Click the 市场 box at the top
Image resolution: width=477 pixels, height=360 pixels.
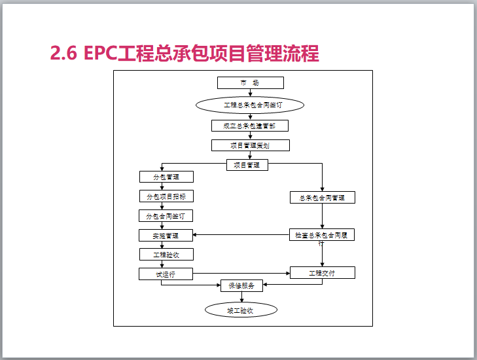(x=250, y=83)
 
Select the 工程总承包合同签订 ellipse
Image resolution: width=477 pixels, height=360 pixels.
(x=250, y=105)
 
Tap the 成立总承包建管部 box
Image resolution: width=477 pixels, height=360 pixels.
(x=250, y=125)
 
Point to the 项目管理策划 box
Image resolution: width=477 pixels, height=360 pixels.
(x=250, y=145)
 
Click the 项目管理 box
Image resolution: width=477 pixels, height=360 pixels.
(x=247, y=165)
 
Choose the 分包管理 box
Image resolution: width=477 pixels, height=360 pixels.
(x=166, y=177)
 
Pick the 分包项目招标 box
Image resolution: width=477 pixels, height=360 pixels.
(x=166, y=196)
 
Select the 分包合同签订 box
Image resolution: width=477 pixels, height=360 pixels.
(x=166, y=215)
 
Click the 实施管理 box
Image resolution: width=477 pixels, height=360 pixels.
(x=166, y=235)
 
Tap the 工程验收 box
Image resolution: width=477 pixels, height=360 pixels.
(x=166, y=255)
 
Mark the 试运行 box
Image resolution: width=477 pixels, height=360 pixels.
(x=166, y=274)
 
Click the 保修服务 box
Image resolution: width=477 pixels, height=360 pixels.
(x=242, y=285)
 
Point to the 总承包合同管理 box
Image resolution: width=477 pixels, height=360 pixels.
(x=322, y=197)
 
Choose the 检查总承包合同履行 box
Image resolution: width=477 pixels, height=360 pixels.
(x=322, y=234)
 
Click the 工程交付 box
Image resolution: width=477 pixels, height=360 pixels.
(x=322, y=272)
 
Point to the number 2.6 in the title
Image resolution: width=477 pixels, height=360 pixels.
(x=64, y=53)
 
